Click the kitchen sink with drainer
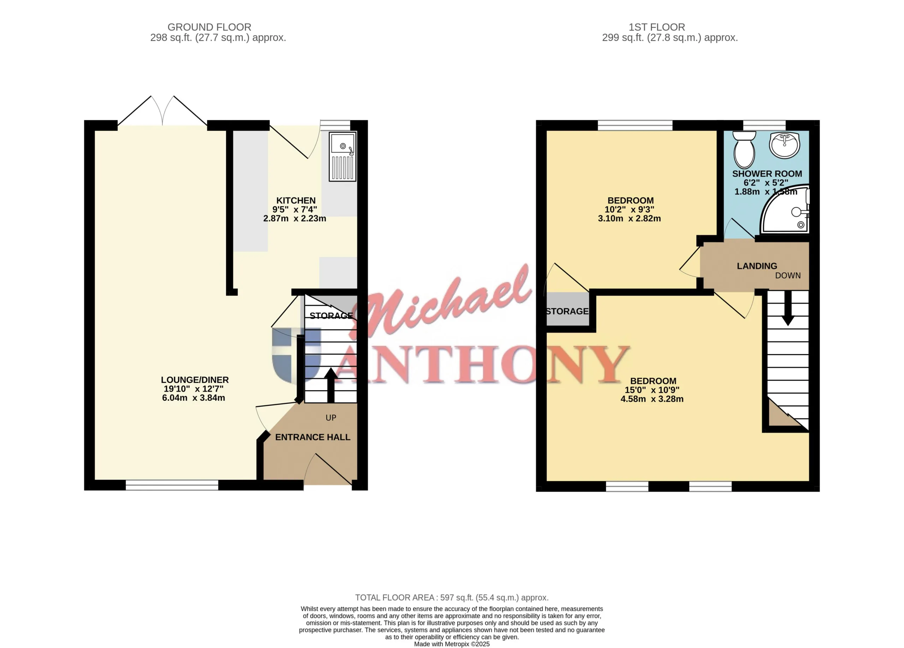[343, 157]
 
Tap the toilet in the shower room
[744, 150]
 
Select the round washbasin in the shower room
[784, 145]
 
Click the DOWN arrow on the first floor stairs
[787, 308]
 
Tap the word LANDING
[757, 266]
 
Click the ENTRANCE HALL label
[313, 437]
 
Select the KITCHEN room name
[296, 201]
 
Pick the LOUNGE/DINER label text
[195, 380]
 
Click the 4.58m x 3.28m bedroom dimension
[652, 399]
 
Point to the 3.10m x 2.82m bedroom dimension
[629, 219]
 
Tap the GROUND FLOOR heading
[209, 27]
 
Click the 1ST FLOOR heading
[657, 27]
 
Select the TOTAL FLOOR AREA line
[452, 598]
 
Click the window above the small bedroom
[635, 125]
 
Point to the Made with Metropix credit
[452, 644]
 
